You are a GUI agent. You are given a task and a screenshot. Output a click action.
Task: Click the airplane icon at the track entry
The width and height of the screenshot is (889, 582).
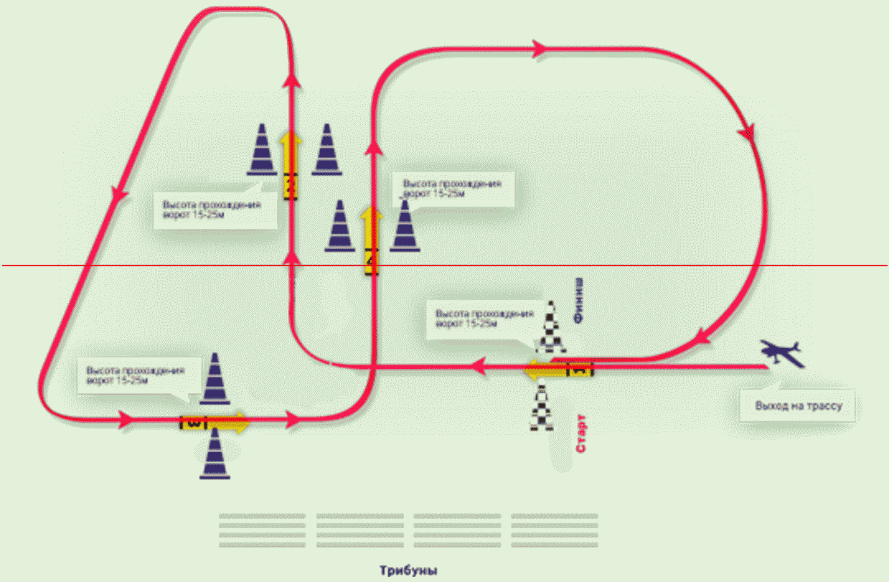pos(782,352)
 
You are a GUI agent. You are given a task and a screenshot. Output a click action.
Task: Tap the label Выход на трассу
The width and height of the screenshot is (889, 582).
pos(798,406)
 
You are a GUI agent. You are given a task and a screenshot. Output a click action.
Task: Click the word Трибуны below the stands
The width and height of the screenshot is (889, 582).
pos(408,571)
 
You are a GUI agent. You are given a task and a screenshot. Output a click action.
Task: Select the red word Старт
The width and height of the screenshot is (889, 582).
pos(582,432)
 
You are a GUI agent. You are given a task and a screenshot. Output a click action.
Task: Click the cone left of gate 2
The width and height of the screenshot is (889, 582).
pos(262,150)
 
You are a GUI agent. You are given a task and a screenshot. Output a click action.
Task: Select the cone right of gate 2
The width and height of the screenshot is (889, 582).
pos(327,150)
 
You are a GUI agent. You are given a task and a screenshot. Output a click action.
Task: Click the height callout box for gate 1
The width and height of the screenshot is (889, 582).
pos(481,322)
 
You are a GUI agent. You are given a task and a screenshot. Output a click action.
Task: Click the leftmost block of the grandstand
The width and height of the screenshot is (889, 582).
pos(262,530)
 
